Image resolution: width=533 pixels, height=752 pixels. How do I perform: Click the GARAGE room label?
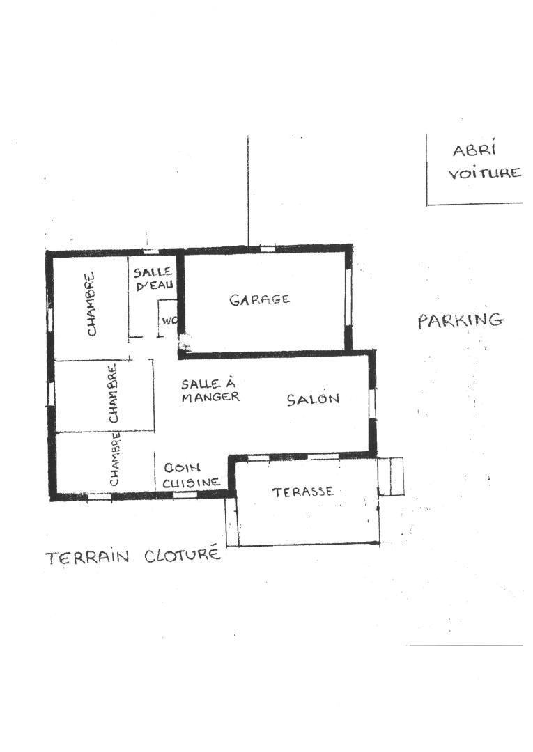point(260,299)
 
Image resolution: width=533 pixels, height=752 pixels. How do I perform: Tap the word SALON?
point(314,398)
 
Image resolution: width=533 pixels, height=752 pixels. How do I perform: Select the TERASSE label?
point(302,492)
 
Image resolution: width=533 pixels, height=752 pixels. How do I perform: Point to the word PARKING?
point(461,320)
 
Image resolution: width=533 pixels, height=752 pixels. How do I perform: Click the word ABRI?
point(474,150)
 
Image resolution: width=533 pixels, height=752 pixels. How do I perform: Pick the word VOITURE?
point(484,173)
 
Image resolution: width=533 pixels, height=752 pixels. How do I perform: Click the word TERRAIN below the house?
point(87,557)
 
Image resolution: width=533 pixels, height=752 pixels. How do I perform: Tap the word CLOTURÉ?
point(183,555)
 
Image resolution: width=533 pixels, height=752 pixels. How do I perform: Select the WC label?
point(169,320)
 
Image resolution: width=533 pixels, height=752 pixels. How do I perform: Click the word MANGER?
point(210,397)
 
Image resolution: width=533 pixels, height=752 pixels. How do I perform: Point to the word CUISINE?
point(191,483)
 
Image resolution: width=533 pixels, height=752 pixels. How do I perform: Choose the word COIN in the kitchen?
point(182,467)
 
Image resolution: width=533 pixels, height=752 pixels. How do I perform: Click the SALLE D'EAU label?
point(153,279)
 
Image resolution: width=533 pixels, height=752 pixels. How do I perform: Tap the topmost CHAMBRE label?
point(90,304)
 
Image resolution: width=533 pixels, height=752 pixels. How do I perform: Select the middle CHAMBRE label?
point(113,393)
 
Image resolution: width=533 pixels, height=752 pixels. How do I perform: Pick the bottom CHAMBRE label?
point(115,458)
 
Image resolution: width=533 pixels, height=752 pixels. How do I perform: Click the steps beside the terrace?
point(391,476)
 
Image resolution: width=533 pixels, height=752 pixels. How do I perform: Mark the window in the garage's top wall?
point(268,249)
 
